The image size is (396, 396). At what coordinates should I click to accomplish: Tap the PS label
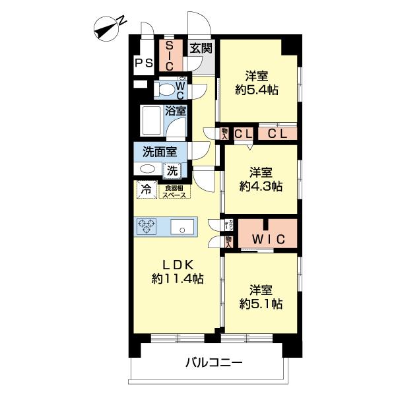[x=143, y=63]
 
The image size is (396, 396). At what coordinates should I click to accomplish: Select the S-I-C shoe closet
[x=169, y=56]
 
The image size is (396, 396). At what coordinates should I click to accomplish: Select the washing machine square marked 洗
[x=172, y=170]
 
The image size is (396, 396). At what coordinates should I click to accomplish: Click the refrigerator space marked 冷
[x=146, y=190]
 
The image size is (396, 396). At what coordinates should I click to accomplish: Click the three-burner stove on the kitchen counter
[x=147, y=227]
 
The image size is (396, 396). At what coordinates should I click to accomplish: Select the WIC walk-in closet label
[x=267, y=238]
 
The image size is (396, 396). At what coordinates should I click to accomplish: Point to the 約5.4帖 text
[x=257, y=90]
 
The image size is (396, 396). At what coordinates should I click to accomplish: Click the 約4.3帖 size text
[x=261, y=186]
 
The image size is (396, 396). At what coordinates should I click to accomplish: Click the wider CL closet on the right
[x=277, y=133]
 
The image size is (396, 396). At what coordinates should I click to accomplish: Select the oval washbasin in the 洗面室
[x=148, y=170]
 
